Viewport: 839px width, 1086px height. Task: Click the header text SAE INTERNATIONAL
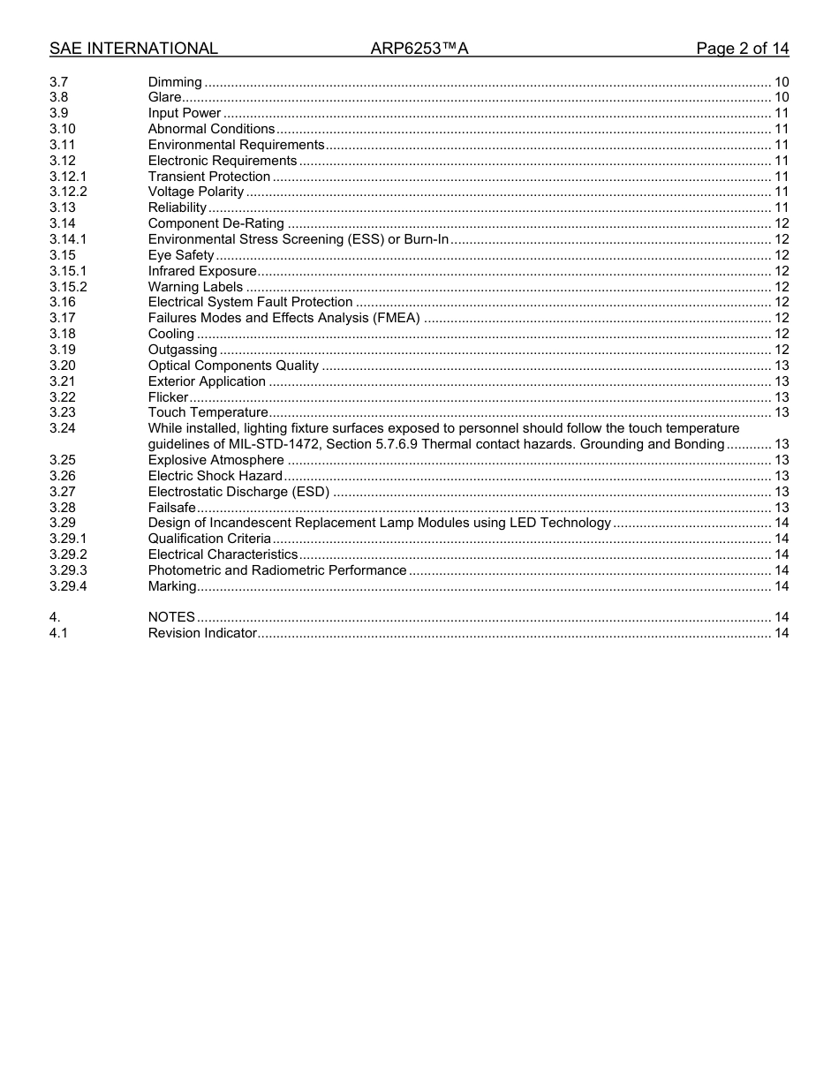[133, 49]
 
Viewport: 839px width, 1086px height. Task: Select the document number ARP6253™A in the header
[419, 49]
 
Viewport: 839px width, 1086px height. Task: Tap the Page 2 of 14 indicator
[742, 49]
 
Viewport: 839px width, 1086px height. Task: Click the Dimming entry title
[175, 82]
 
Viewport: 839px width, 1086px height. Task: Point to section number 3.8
[58, 97]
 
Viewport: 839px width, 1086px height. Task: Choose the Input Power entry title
[185, 113]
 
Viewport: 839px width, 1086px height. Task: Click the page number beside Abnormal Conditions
[781, 129]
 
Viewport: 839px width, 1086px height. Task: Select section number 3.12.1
[68, 177]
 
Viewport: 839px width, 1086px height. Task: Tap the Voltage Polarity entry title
[196, 192]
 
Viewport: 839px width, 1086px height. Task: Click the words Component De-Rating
[216, 223]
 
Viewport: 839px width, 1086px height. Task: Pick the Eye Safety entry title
[181, 255]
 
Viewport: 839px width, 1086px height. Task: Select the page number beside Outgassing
[781, 350]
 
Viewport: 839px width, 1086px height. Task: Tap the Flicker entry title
[168, 397]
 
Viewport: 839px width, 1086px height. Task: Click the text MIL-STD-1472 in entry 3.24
[270, 444]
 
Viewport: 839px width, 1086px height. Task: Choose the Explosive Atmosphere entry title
[216, 460]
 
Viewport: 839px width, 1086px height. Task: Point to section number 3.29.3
[68, 570]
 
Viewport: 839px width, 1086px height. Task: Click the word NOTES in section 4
[171, 617]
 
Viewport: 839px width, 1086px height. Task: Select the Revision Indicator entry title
[202, 633]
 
